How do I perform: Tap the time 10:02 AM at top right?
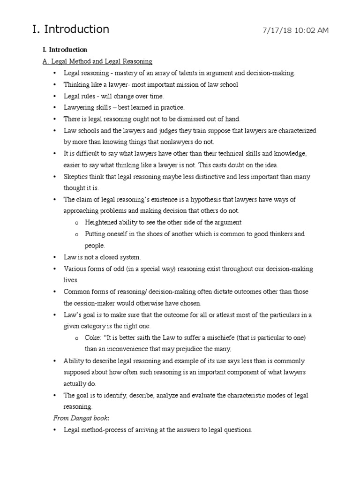click(x=312, y=30)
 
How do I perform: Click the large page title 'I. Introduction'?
click(x=70, y=29)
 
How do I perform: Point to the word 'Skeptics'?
click(x=76, y=177)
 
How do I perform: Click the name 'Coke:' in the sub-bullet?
click(x=92, y=338)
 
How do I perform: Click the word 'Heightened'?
click(x=101, y=222)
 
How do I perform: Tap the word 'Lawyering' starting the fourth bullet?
click(x=78, y=107)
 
